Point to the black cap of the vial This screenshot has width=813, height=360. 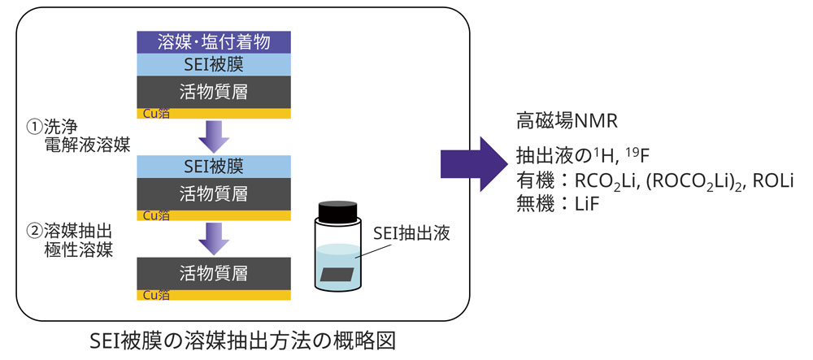337,212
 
